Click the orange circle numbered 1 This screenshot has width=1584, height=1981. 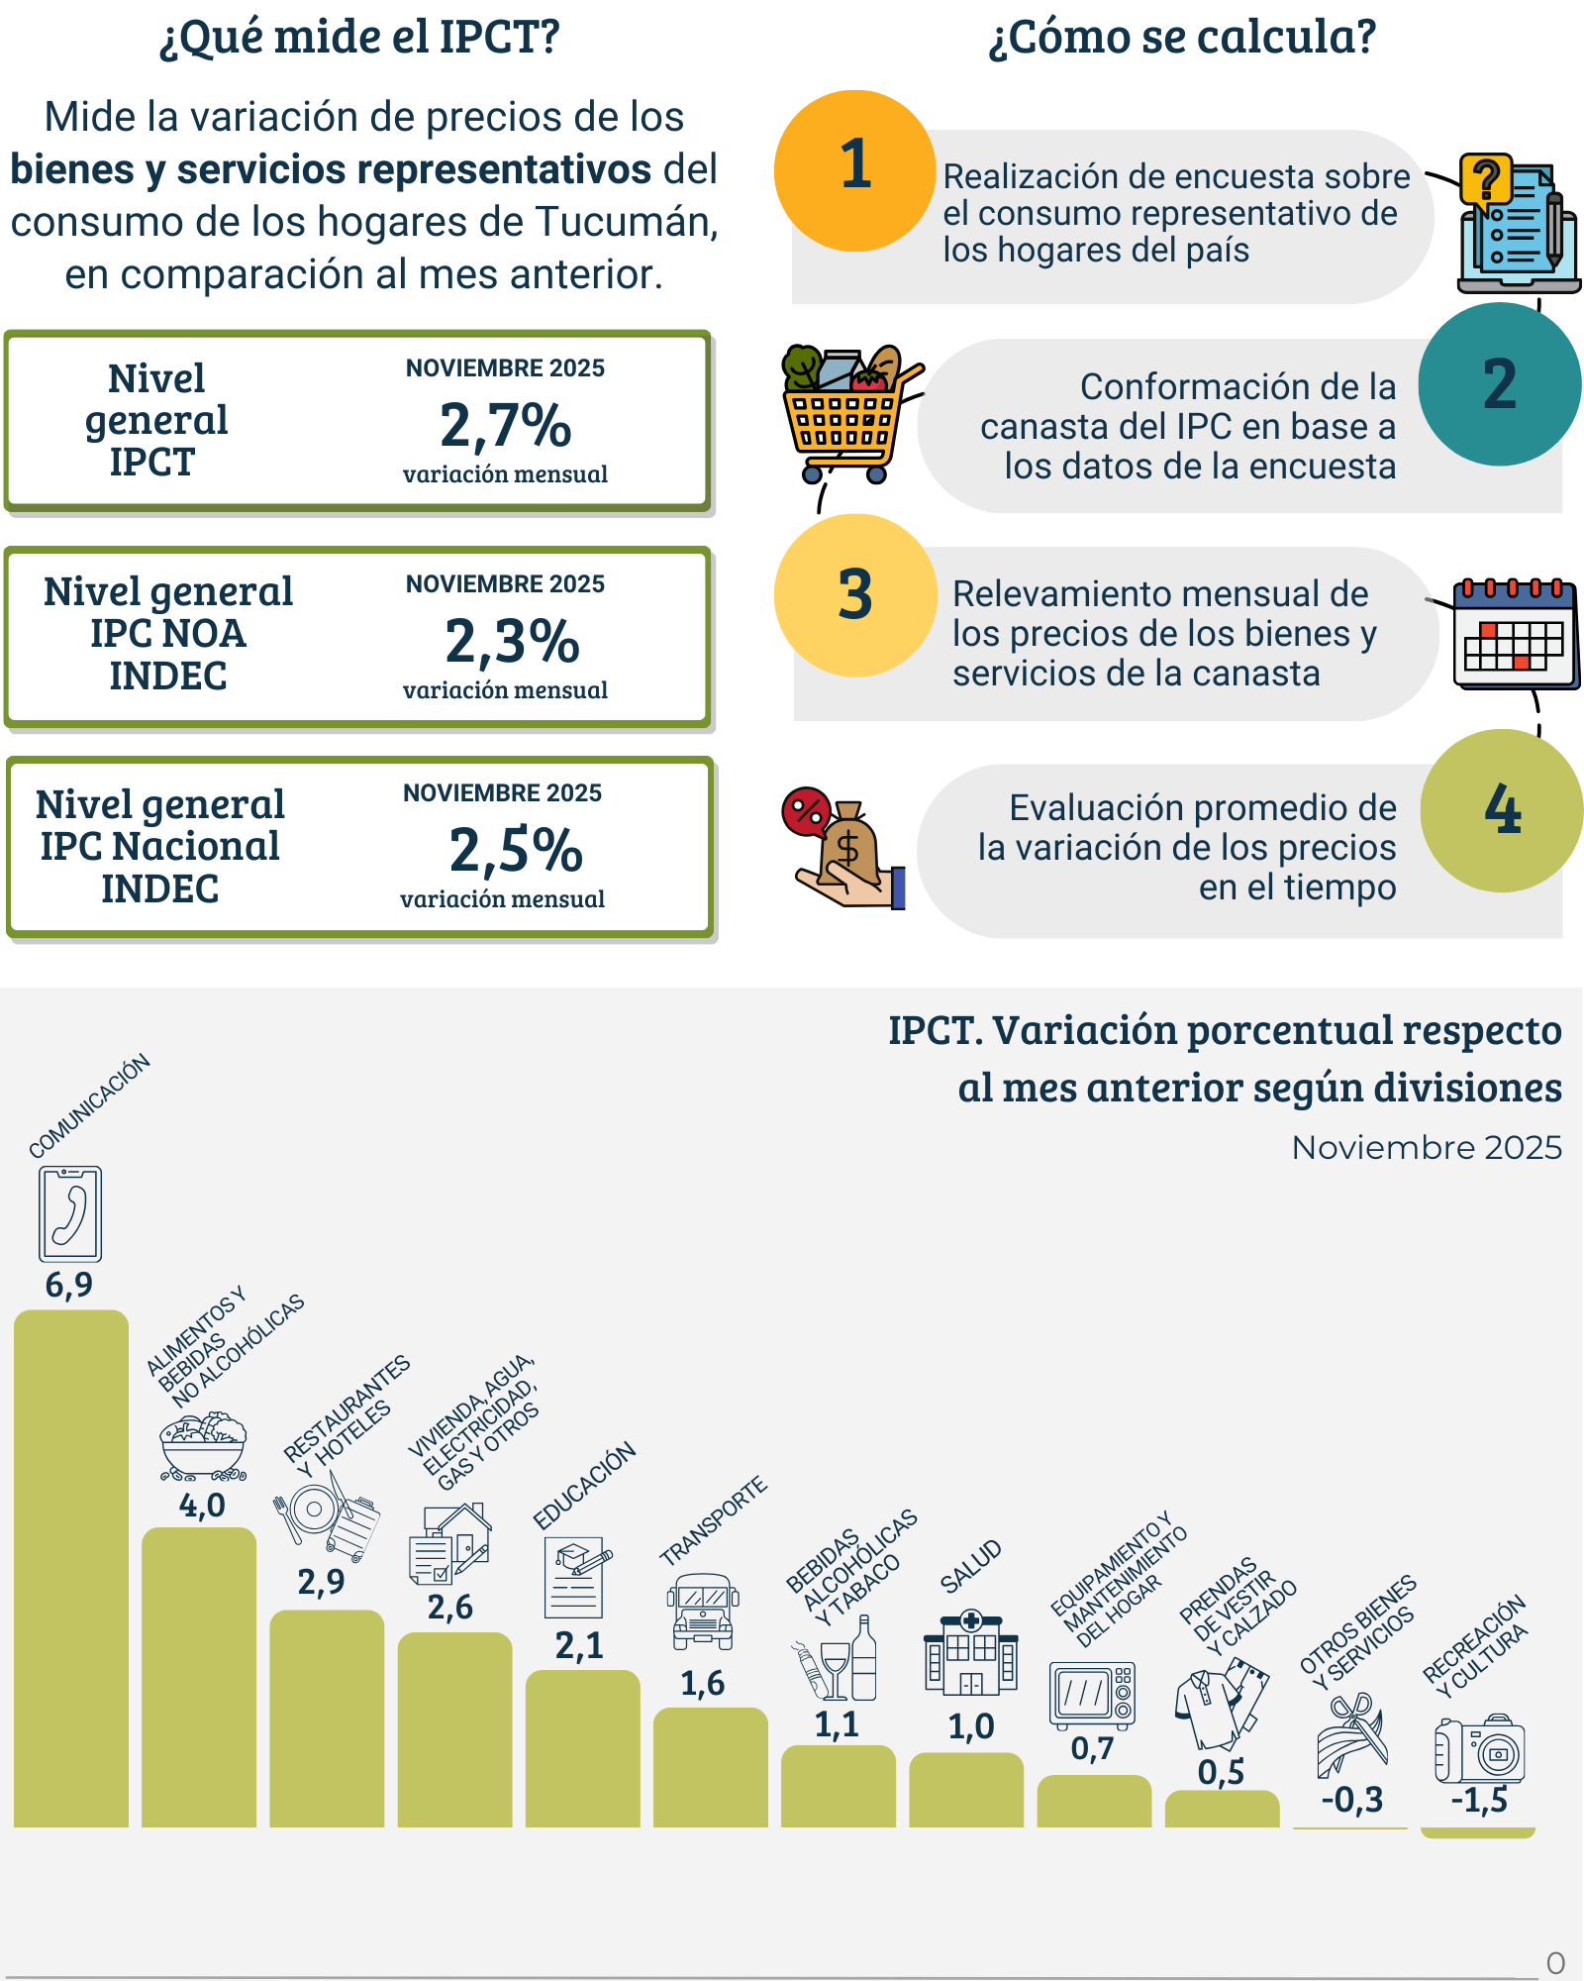pyautogui.click(x=854, y=170)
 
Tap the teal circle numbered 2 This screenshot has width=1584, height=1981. pyautogui.click(x=1499, y=384)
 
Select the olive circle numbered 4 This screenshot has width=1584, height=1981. pyautogui.click(x=1501, y=810)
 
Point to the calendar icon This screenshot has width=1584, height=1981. pyautogui.click(x=1514, y=634)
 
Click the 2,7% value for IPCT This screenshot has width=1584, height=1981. pyautogui.click(x=506, y=426)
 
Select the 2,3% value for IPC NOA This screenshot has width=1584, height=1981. pyautogui.click(x=512, y=642)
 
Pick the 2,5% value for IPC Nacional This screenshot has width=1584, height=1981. pyautogui.click(x=516, y=851)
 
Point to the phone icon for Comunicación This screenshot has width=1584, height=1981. pyautogui.click(x=70, y=1213)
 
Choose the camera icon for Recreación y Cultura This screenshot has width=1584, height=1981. pyautogui.click(x=1481, y=1749)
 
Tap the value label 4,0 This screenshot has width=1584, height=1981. pyautogui.click(x=202, y=1506)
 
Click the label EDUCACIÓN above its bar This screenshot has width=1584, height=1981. pyautogui.click(x=584, y=1487)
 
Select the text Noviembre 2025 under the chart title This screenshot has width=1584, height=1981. pyautogui.click(x=1427, y=1147)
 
